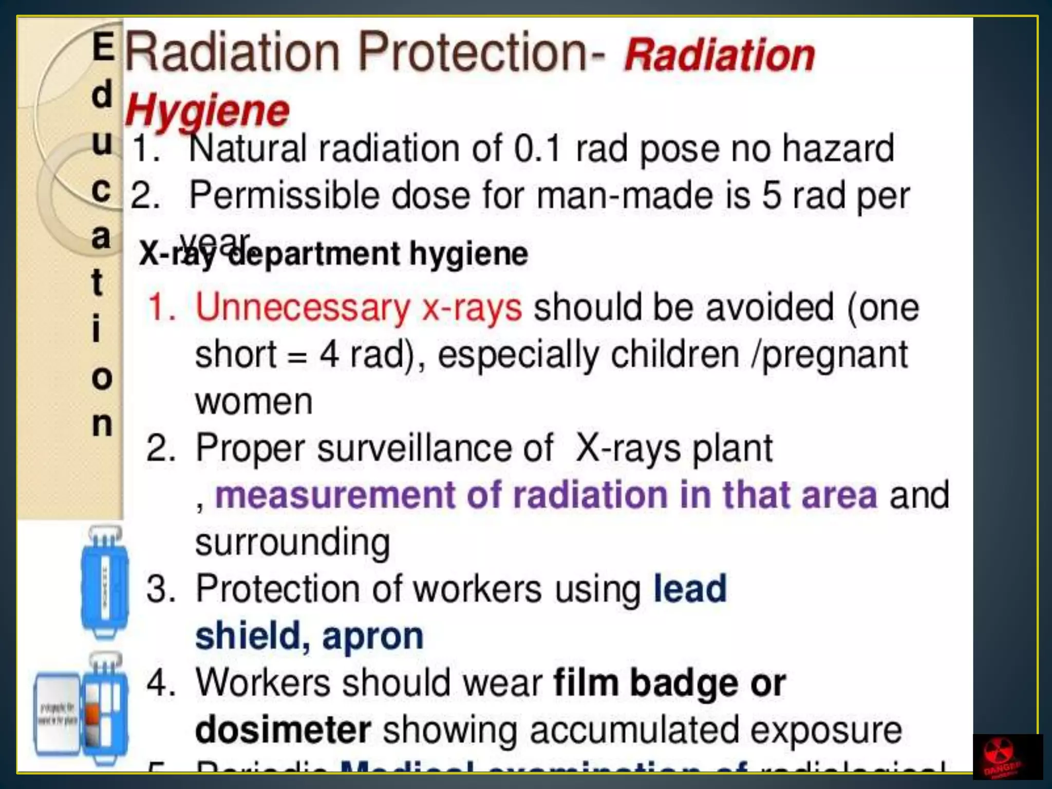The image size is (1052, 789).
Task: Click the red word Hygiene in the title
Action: [x=208, y=111]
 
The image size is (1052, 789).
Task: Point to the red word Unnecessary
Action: [x=302, y=308]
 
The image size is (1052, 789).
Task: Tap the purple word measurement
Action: [x=335, y=495]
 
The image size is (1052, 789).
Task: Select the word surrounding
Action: [x=293, y=542]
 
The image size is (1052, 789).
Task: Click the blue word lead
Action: [x=690, y=589]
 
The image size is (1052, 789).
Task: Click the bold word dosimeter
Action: [x=283, y=730]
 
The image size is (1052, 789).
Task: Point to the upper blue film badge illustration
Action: [x=105, y=581]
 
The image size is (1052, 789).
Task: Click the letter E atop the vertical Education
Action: [x=103, y=47]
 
